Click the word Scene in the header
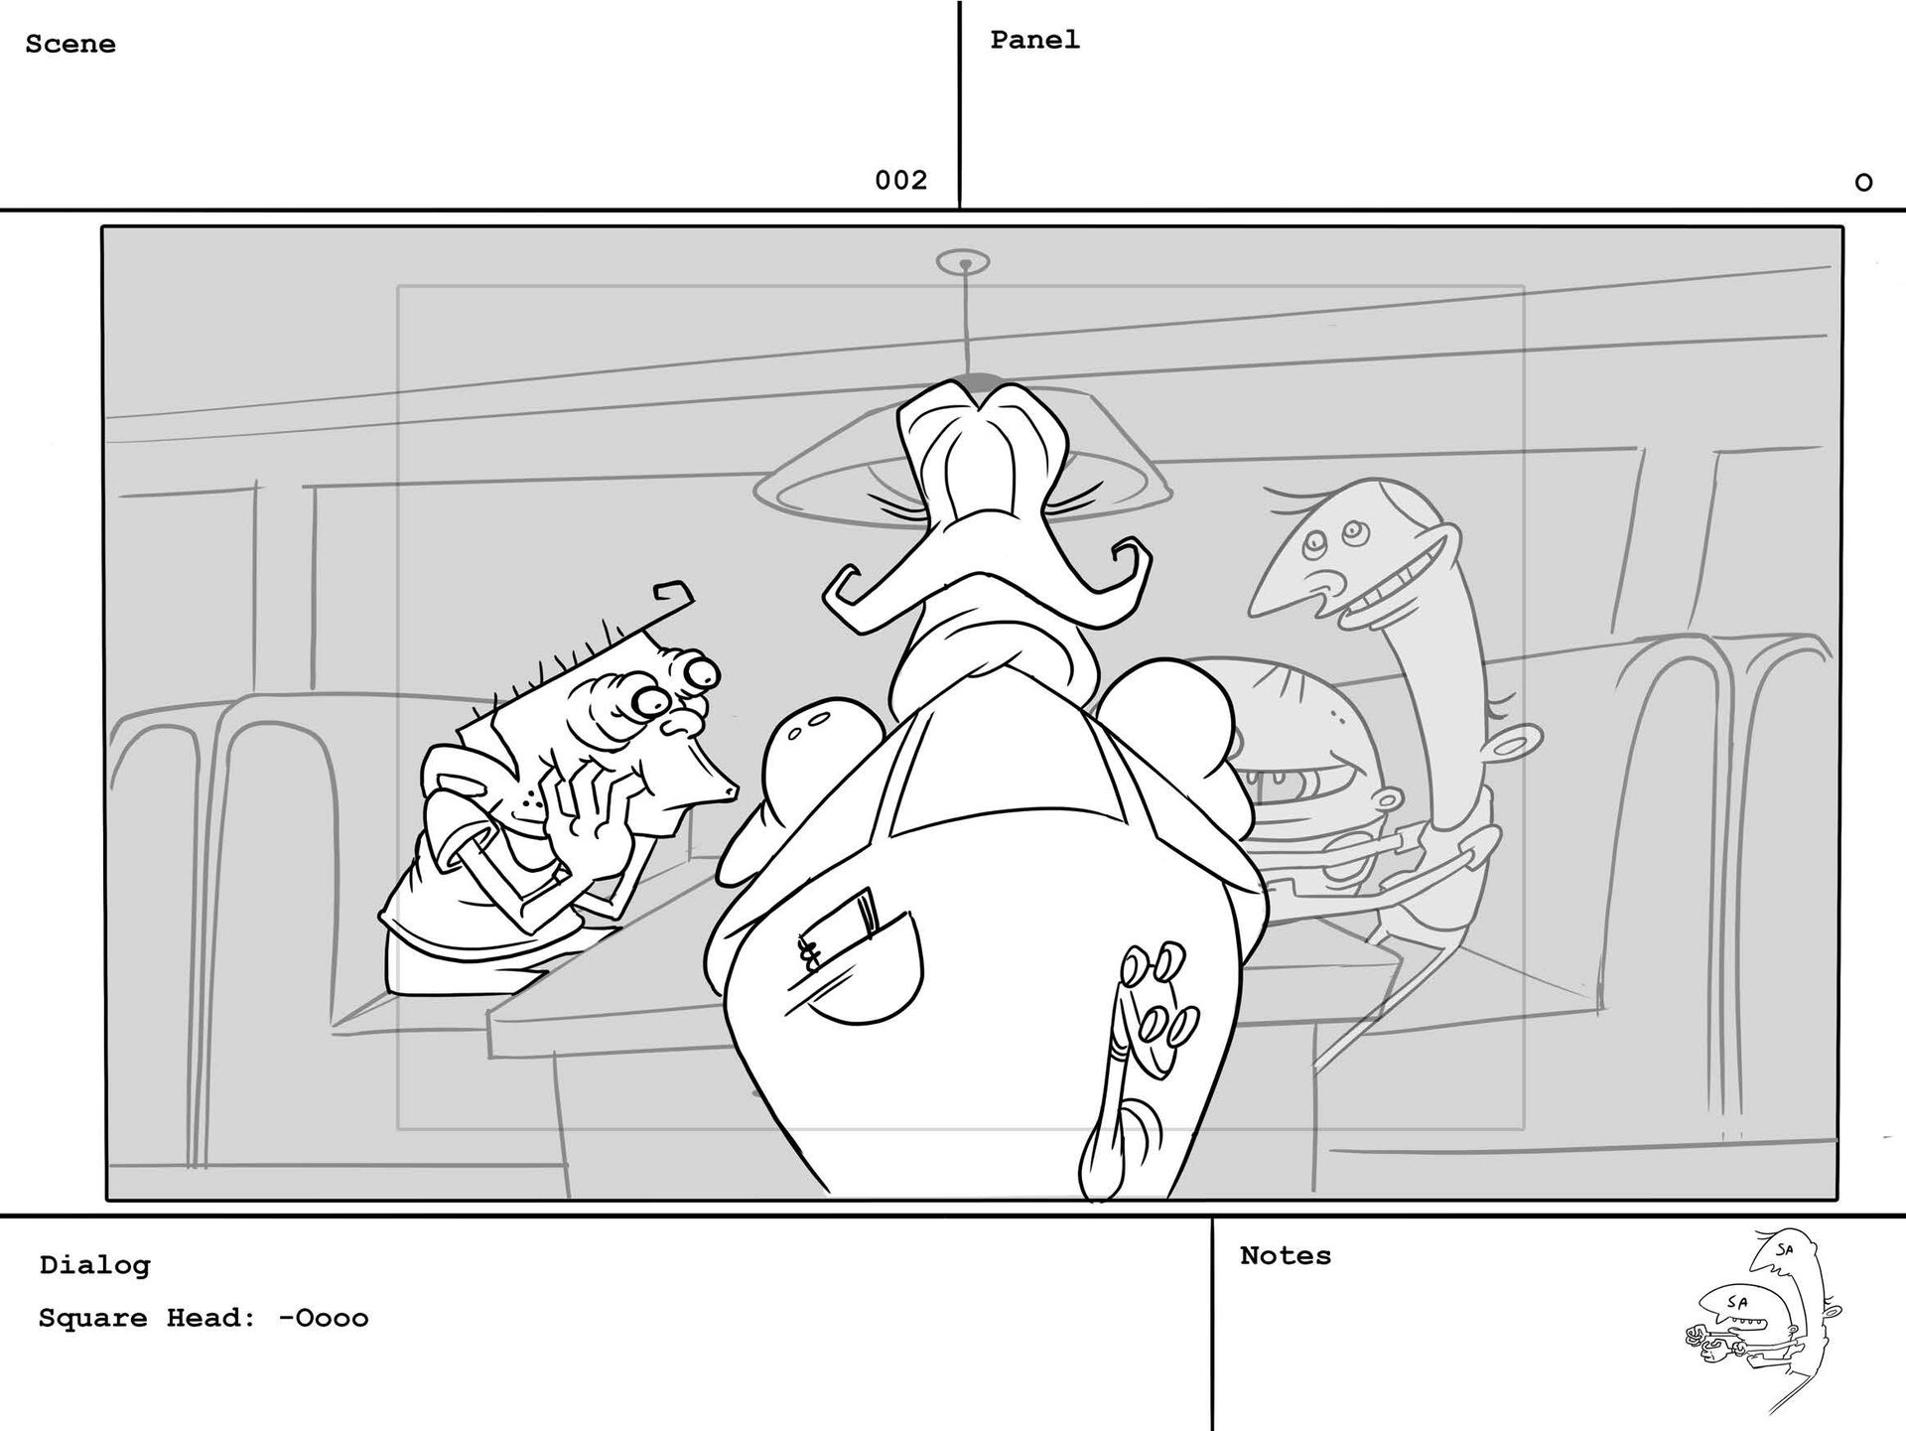(70, 45)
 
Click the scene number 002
(900, 181)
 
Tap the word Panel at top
(1034, 41)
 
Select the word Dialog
(95, 1265)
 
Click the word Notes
(1286, 1256)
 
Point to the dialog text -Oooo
(324, 1319)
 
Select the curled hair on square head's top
(672, 594)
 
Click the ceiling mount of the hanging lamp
(963, 263)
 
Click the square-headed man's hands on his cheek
(586, 804)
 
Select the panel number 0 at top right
(1863, 183)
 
